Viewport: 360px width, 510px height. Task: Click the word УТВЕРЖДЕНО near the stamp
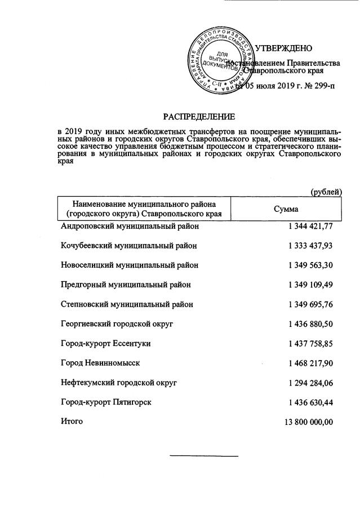tap(283, 48)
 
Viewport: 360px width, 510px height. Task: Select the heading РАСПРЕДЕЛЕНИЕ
tap(197, 117)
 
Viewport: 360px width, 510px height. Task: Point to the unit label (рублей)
tap(326, 192)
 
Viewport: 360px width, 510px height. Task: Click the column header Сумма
tap(286, 209)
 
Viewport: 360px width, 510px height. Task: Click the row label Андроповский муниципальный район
tap(130, 227)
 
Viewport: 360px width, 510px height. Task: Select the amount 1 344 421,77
tap(310, 227)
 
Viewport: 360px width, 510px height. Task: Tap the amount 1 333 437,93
tap(310, 246)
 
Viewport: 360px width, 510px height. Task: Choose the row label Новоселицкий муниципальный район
tap(129, 265)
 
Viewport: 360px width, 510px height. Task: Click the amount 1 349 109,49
tap(310, 285)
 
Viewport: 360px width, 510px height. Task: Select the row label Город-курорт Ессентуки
tap(105, 343)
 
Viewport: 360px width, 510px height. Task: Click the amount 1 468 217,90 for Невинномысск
tap(310, 362)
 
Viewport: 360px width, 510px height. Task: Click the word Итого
tap(72, 420)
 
